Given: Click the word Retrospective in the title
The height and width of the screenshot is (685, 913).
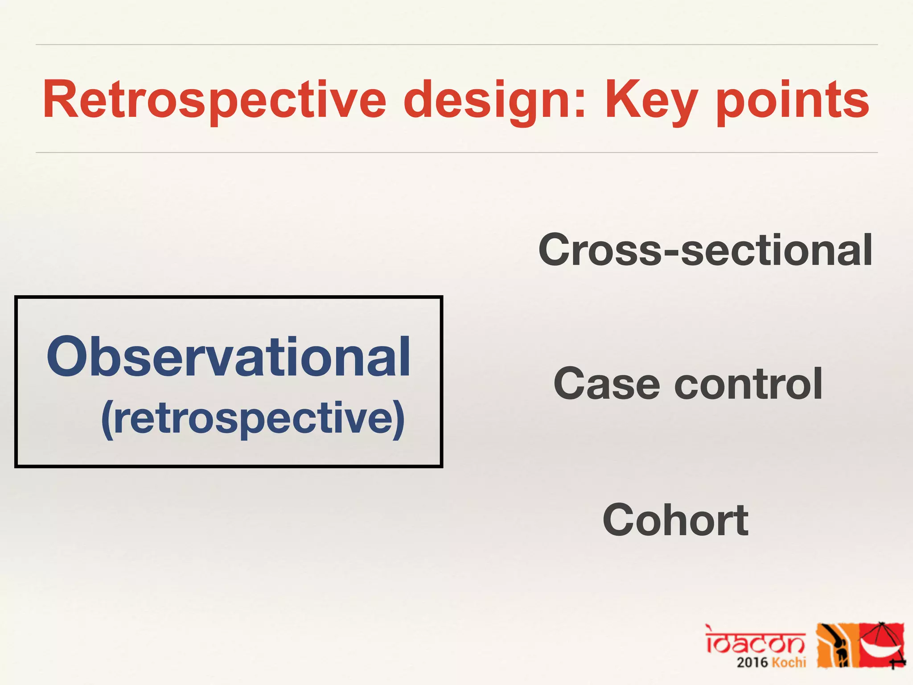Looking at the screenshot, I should [214, 100].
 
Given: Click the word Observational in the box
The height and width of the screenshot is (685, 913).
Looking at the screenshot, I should [228, 357].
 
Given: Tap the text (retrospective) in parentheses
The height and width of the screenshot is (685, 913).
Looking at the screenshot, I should [253, 418].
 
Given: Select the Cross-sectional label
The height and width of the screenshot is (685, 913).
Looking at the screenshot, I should [705, 250].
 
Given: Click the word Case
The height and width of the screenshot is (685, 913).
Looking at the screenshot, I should [606, 384].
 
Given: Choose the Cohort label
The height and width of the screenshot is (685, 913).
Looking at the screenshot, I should [675, 520].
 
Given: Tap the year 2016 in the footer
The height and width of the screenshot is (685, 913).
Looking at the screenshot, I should [752, 662].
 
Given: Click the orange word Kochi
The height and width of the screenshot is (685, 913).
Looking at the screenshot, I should [789, 662].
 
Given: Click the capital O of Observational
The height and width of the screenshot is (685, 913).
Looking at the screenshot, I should [67, 357].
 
